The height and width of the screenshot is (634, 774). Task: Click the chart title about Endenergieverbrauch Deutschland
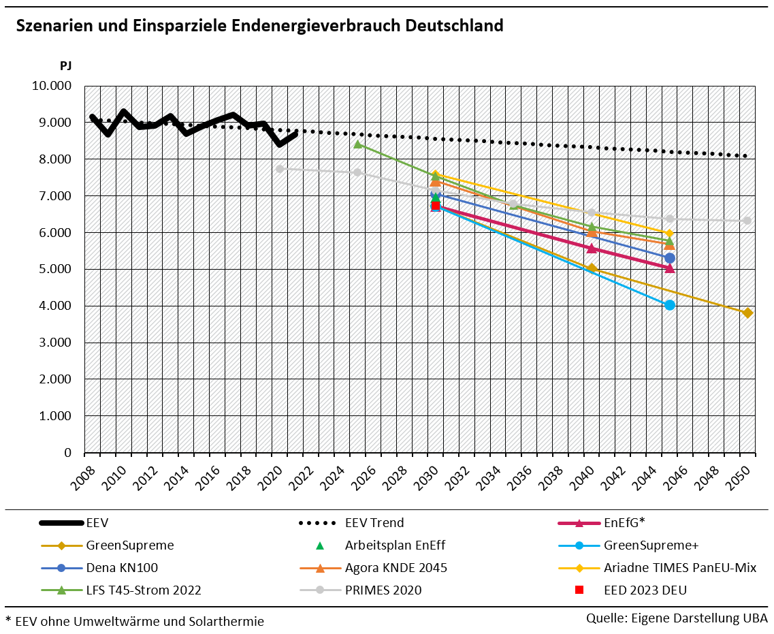259,26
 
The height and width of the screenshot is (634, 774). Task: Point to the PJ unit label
65,66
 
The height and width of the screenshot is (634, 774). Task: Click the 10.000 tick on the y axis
52,86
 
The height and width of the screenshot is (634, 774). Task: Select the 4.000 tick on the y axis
54,306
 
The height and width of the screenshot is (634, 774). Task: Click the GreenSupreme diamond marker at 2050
747,313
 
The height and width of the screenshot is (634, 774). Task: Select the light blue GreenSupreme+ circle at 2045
670,305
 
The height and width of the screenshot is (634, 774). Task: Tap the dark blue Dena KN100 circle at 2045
670,258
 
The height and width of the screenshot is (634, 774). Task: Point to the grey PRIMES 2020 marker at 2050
747,221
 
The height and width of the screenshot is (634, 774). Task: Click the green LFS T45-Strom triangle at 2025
357,144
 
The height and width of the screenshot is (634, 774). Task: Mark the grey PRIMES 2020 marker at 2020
280,168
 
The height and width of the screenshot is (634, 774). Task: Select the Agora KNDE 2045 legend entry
396,568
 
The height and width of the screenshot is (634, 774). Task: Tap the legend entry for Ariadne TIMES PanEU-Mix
679,568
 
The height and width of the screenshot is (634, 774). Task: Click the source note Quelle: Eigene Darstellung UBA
677,618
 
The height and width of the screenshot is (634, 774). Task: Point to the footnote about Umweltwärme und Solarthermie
135,621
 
